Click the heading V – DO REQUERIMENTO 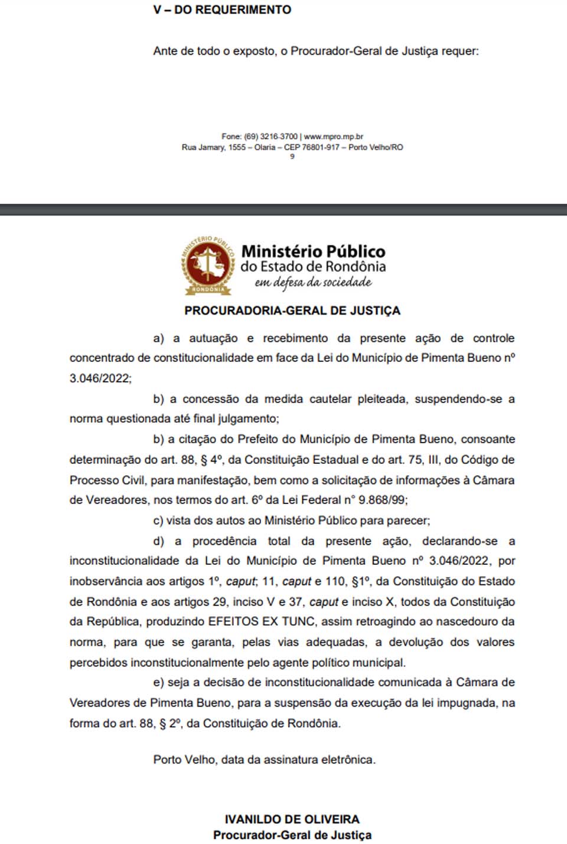coord(222,10)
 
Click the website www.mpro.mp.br coord(334,136)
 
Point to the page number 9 coord(292,156)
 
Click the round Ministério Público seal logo coord(207,265)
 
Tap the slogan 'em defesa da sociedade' coord(313,283)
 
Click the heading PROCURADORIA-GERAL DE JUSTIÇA coord(292,310)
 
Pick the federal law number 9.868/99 coord(383,500)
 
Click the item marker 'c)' coord(158,521)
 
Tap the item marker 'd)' coord(158,541)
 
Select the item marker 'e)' coord(158,682)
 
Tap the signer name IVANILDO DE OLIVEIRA coord(292,819)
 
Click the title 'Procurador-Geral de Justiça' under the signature coord(292,835)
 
